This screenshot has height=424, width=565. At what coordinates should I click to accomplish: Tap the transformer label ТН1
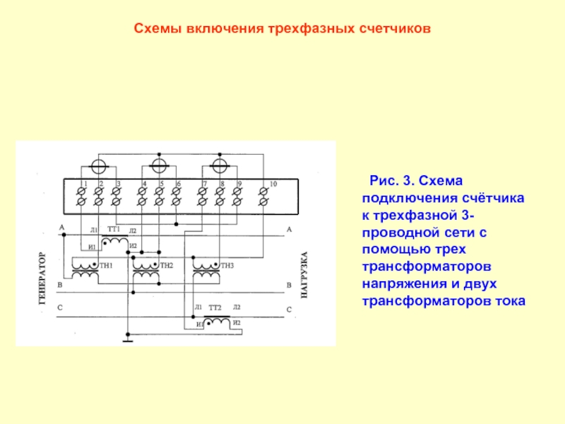click(x=107, y=265)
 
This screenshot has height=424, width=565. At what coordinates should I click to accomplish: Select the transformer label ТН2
click(x=167, y=265)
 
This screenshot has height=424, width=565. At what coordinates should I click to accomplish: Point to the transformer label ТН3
click(x=226, y=265)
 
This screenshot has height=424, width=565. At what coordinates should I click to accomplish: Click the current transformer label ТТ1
click(x=114, y=229)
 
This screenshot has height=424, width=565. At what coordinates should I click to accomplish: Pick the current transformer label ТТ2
click(x=215, y=308)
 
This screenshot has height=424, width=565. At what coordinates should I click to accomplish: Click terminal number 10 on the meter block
click(x=273, y=184)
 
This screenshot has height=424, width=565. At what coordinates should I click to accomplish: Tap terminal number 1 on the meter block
click(x=85, y=184)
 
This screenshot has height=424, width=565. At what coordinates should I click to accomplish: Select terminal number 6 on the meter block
click(x=178, y=184)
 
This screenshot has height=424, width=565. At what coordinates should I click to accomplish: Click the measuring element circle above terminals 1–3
click(x=99, y=166)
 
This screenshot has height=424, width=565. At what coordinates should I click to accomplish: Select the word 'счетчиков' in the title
click(x=397, y=30)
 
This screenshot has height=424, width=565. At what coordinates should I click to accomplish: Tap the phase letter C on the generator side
click(x=61, y=309)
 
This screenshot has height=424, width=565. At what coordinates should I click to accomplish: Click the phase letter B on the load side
click(x=289, y=285)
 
